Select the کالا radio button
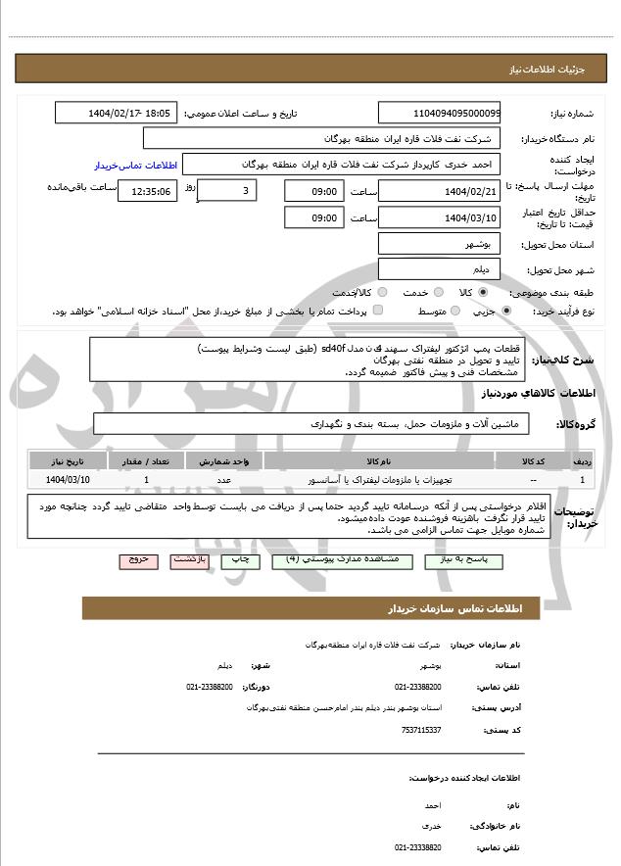[x=483, y=292]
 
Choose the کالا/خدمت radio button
[x=382, y=292]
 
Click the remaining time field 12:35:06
[x=148, y=191]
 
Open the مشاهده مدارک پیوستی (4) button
[x=333, y=559]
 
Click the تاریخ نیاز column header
[x=68, y=459]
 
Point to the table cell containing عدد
[x=224, y=479]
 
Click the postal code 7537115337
[x=421, y=729]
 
